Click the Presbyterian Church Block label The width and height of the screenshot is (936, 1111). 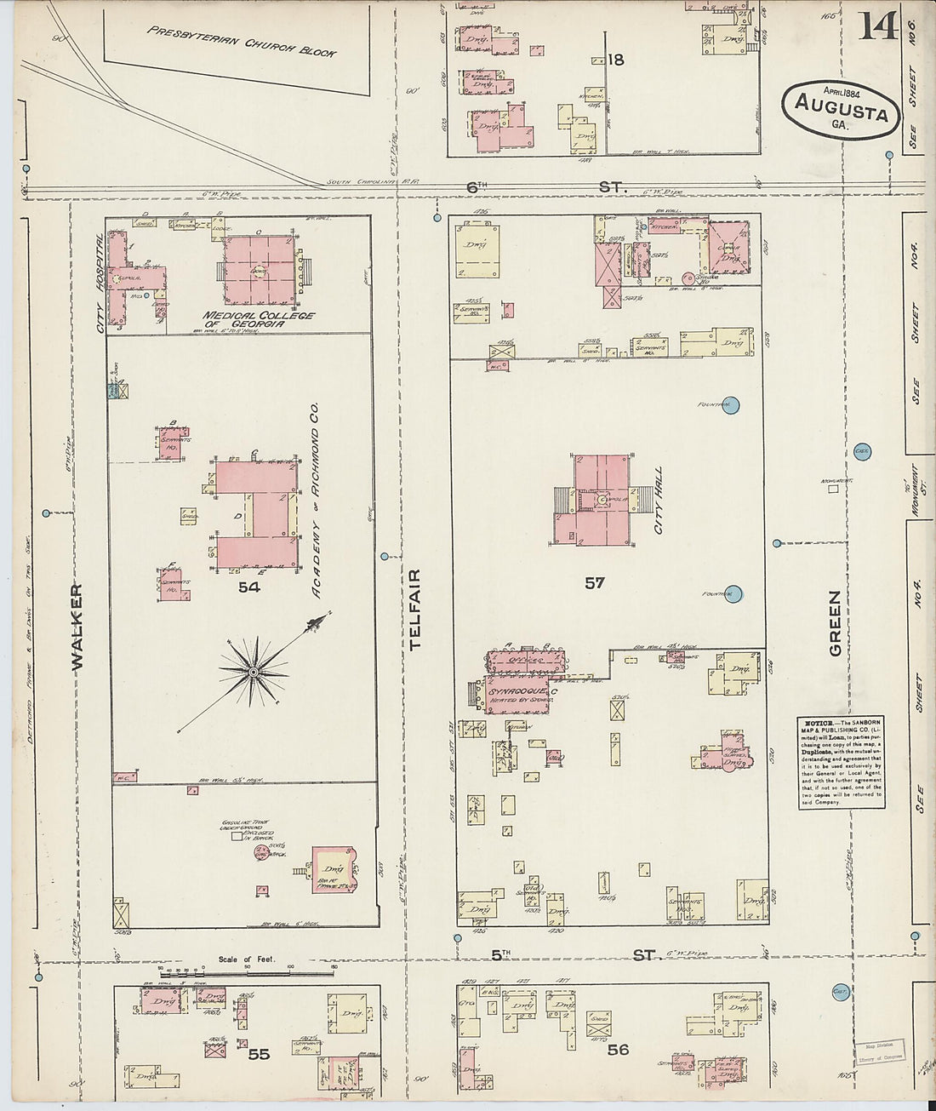click(x=241, y=40)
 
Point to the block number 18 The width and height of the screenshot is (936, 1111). click(x=616, y=60)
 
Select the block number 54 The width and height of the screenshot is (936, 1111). click(x=248, y=587)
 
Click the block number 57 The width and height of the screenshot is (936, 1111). click(x=594, y=582)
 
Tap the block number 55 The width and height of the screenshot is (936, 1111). click(x=259, y=1054)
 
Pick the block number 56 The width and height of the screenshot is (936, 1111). click(x=618, y=1050)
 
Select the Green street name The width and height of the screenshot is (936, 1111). click(x=835, y=623)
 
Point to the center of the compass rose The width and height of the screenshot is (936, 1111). click(x=253, y=673)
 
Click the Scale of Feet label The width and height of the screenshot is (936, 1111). click(x=247, y=959)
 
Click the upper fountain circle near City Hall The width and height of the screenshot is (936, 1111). click(x=733, y=405)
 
